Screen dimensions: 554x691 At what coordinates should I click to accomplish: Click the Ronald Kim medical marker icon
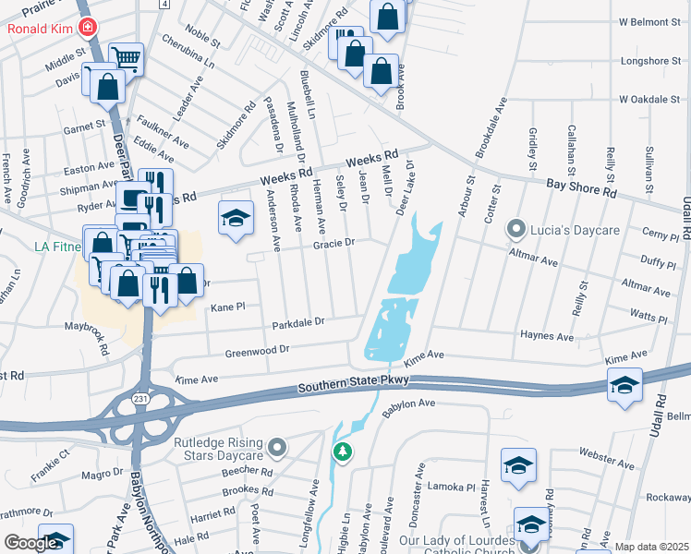click(x=89, y=28)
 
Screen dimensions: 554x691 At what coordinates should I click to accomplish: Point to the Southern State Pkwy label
click(x=355, y=388)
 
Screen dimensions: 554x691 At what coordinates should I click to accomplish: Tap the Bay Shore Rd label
click(x=580, y=188)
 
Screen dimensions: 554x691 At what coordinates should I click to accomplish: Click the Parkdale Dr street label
click(x=298, y=323)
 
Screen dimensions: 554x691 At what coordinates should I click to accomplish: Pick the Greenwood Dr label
click(x=259, y=351)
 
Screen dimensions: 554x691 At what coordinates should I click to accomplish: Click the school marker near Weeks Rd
click(x=236, y=218)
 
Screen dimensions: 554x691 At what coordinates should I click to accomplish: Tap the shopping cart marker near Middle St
click(x=127, y=59)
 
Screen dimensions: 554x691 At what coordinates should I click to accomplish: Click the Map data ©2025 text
click(x=651, y=547)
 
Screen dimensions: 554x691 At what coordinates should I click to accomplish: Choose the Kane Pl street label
click(x=227, y=307)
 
